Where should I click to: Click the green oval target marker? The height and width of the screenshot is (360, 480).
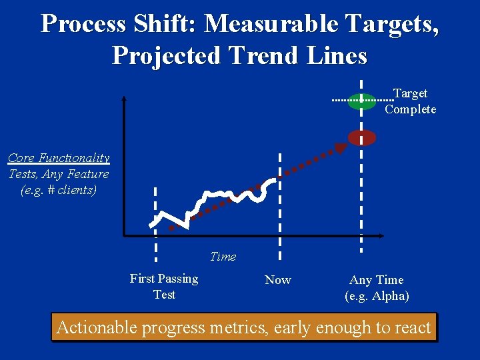click(361, 101)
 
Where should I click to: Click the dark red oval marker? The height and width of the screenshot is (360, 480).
click(362, 137)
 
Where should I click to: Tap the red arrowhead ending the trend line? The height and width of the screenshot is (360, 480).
click(341, 148)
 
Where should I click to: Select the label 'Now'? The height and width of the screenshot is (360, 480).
click(278, 280)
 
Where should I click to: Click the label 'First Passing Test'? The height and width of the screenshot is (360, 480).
click(164, 287)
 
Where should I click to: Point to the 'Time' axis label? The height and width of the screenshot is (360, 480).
click(223, 257)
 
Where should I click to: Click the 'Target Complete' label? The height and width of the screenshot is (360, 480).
click(410, 101)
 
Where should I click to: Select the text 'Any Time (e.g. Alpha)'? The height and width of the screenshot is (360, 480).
click(377, 288)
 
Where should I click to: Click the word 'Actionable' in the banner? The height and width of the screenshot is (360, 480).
click(97, 327)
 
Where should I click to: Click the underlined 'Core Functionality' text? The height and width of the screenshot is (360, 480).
click(59, 158)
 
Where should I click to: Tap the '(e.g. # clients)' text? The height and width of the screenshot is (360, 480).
click(59, 190)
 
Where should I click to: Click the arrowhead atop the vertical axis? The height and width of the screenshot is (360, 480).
click(124, 99)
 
